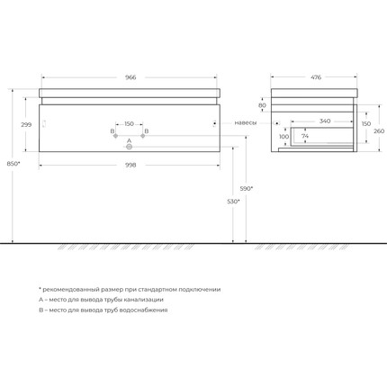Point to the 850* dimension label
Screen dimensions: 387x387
click(12, 163)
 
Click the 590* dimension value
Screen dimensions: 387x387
click(246, 187)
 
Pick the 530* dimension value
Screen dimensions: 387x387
click(233, 201)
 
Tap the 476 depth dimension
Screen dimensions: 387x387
click(315, 77)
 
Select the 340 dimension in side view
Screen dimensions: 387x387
click(325, 120)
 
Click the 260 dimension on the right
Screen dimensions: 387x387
click(379, 130)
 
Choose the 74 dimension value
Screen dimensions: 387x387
click(305, 137)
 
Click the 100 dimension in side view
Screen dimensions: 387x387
click(283, 137)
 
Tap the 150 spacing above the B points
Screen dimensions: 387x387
click(129, 123)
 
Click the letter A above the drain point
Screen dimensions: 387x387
click(129, 140)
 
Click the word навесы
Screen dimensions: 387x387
click(245, 122)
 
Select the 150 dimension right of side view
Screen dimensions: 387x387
click(365, 124)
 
